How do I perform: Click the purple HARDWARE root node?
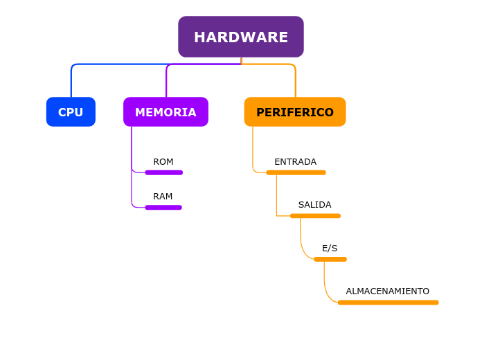[x=240, y=37]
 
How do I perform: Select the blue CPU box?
[x=71, y=112]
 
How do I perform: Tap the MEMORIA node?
[x=166, y=112]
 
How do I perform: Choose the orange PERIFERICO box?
[x=295, y=112]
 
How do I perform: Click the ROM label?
[x=163, y=162]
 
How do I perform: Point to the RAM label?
[x=163, y=197]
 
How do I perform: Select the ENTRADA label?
[x=295, y=162]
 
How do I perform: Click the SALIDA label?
[x=314, y=205]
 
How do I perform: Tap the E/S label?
[x=330, y=249]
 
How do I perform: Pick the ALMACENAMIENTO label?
[x=387, y=291]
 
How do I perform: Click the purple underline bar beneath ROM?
[x=163, y=172]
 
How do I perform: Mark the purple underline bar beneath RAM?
[x=163, y=207]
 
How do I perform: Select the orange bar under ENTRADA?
[x=296, y=172]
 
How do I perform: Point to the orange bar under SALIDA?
[x=315, y=216]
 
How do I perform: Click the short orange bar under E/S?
[x=330, y=259]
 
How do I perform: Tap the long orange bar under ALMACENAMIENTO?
[x=388, y=303]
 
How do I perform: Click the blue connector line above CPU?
[x=71, y=80]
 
